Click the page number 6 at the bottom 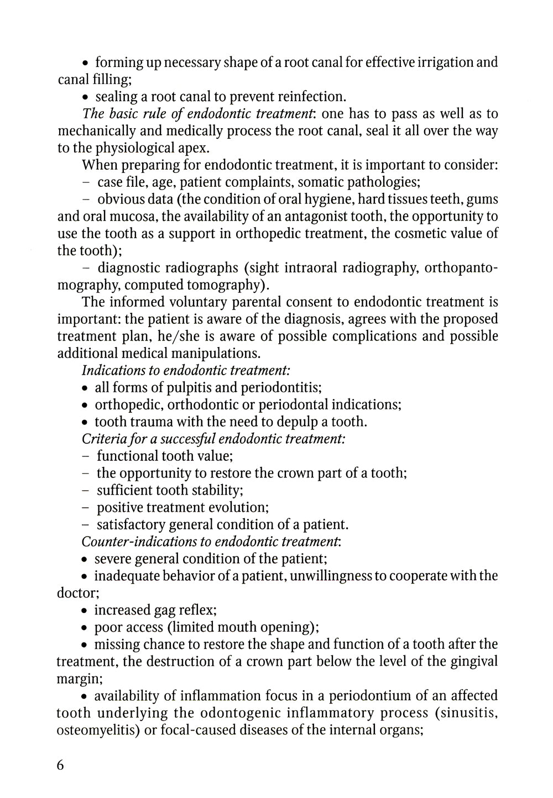coord(61,765)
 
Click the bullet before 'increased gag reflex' coord(85,611)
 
